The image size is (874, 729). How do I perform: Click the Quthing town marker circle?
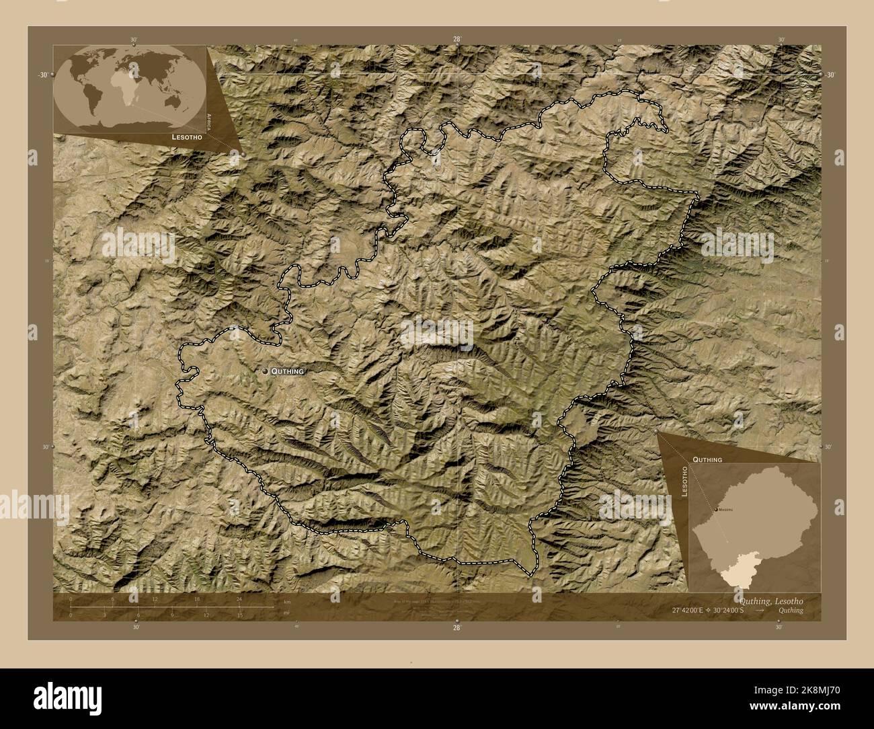click(266, 371)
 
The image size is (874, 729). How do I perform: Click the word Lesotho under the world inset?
click(186, 136)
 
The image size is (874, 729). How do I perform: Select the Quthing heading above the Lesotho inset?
click(707, 459)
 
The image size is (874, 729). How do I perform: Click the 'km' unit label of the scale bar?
click(287, 601)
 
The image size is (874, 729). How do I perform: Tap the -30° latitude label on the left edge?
click(42, 75)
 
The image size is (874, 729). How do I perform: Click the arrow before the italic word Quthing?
click(759, 610)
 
